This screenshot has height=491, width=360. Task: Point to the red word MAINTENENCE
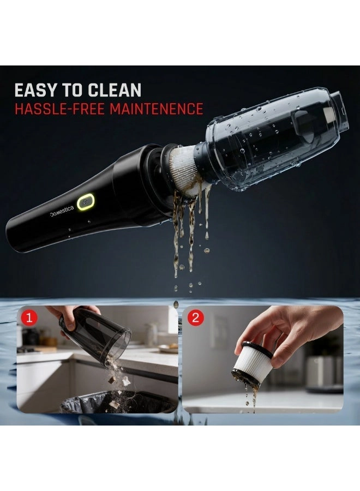[x=157, y=108]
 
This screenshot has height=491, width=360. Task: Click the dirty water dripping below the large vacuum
[x=188, y=235]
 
